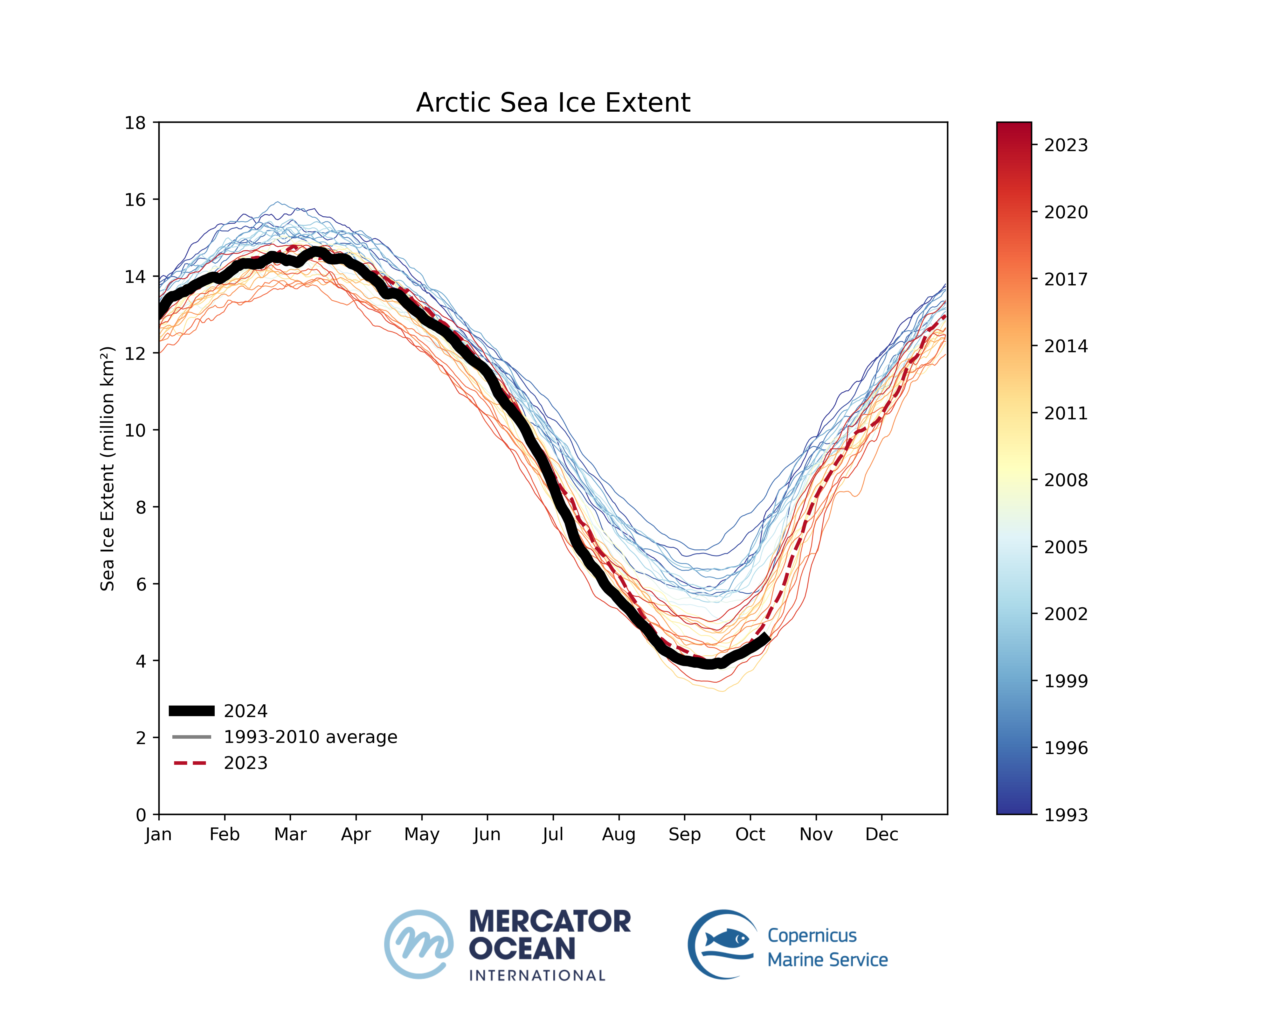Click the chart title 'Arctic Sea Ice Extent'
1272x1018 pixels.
(x=553, y=103)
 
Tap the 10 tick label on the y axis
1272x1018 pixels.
(x=135, y=430)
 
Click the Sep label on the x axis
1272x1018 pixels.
(x=684, y=834)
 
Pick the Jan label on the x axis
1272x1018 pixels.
(x=158, y=834)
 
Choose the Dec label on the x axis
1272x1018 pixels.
(x=881, y=834)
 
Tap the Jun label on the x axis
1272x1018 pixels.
(x=487, y=834)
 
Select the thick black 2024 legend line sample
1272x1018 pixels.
(x=192, y=711)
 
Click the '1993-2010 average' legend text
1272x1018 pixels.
(x=310, y=737)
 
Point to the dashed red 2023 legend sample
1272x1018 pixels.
(x=190, y=763)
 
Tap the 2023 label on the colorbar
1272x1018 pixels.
(x=1066, y=145)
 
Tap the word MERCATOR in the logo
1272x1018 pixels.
(x=550, y=922)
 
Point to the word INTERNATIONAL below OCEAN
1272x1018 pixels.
(x=537, y=975)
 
